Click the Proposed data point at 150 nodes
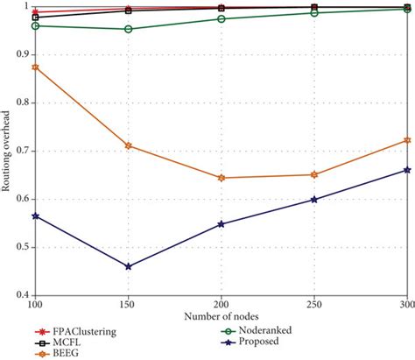129,266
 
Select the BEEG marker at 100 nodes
35,67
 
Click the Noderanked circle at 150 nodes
129,29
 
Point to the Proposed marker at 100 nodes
35,215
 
